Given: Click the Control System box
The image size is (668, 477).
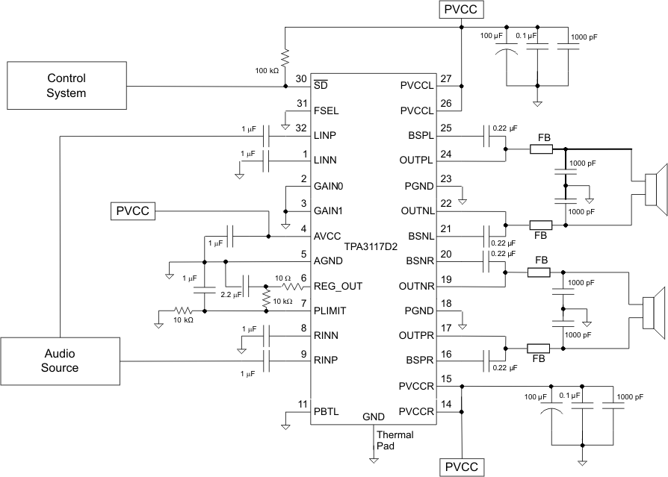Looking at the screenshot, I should (67, 86).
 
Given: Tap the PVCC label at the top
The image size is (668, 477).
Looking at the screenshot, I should (463, 10).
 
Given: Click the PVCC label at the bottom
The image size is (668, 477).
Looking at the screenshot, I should (463, 467).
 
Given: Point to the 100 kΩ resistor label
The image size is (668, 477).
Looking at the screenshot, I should (265, 69).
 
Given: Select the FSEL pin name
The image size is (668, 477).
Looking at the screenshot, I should (326, 110).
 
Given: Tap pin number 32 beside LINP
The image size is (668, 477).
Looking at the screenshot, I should (302, 128).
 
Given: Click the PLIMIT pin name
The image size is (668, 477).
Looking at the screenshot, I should (330, 309).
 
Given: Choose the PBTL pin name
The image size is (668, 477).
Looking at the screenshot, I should (327, 410).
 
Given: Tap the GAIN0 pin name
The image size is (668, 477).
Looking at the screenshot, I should (328, 185).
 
